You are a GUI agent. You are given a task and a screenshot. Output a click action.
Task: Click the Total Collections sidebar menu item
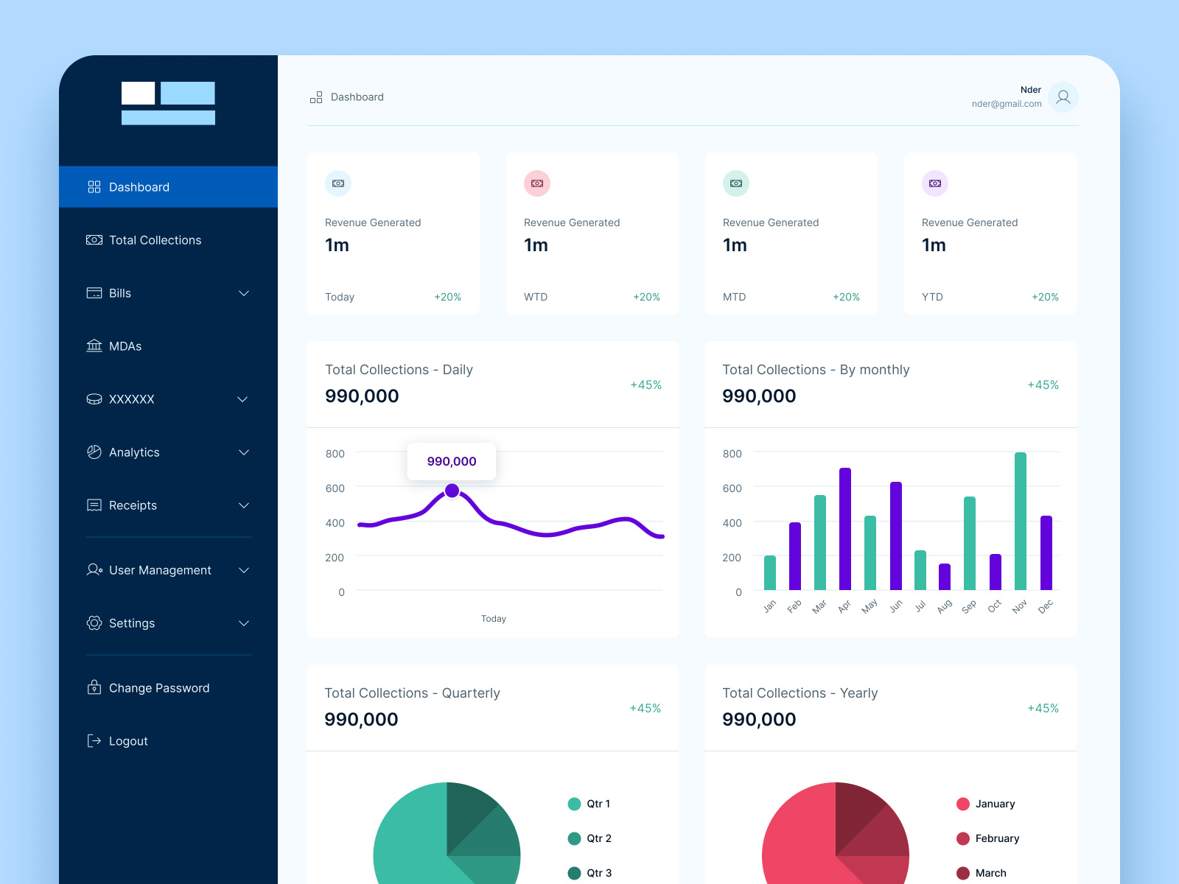(x=155, y=240)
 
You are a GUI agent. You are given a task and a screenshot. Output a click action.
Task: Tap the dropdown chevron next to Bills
(x=244, y=293)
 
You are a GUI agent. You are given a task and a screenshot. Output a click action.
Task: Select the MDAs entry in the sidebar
(x=125, y=346)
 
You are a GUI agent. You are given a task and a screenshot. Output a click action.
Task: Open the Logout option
(x=128, y=741)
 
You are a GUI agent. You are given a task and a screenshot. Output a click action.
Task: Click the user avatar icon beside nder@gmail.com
(x=1063, y=97)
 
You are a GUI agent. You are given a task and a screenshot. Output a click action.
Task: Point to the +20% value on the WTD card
(x=646, y=297)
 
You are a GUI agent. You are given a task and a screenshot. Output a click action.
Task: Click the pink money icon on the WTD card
(x=537, y=183)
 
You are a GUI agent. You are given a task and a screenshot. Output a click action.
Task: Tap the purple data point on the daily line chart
(x=452, y=491)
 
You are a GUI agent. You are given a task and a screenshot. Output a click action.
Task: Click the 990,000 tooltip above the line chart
(x=452, y=461)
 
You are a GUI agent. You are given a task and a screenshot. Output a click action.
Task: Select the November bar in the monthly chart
(x=1021, y=522)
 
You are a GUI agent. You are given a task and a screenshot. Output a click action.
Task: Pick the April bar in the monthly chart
(x=845, y=529)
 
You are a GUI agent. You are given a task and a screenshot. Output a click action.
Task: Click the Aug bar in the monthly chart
(x=945, y=577)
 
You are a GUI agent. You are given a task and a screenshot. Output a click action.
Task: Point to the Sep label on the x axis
(x=969, y=606)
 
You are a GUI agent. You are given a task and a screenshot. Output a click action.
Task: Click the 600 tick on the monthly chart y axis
(x=732, y=488)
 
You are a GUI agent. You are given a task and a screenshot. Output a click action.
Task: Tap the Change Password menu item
(x=158, y=688)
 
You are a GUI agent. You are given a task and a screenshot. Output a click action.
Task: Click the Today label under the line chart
(x=494, y=619)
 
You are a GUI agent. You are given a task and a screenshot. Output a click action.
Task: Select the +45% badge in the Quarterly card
(x=645, y=708)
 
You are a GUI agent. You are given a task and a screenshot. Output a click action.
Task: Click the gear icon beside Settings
(x=94, y=623)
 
